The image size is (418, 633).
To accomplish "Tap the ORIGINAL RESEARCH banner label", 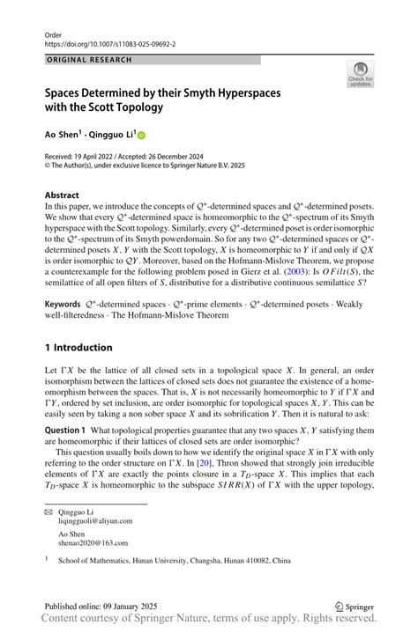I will click(x=89, y=60).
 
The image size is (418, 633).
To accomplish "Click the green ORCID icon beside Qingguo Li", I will click(x=140, y=135).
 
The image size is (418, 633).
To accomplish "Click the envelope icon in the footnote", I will click(x=49, y=512).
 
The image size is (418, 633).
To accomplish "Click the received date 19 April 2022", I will click(x=102, y=156).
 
